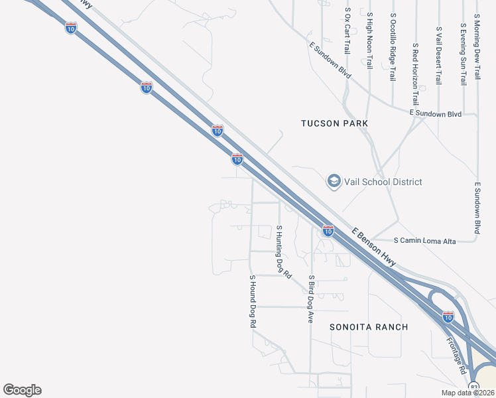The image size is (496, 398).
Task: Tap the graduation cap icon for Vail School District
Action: click(334, 181)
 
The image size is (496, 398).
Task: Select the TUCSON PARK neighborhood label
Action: click(334, 123)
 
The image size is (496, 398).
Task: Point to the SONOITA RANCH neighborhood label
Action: click(369, 327)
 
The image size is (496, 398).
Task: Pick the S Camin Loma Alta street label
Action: click(424, 241)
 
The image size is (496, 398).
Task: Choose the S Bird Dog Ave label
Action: click(310, 298)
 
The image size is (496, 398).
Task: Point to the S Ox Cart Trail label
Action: click(347, 31)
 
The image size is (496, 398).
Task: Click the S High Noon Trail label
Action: click(369, 40)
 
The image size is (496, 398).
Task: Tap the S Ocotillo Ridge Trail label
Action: click(393, 47)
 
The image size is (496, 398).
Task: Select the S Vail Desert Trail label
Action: click(438, 56)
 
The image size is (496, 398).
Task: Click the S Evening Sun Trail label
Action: click(462, 54)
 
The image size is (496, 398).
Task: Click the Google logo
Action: click(22, 390)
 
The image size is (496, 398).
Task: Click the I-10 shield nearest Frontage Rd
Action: click(448, 316)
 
